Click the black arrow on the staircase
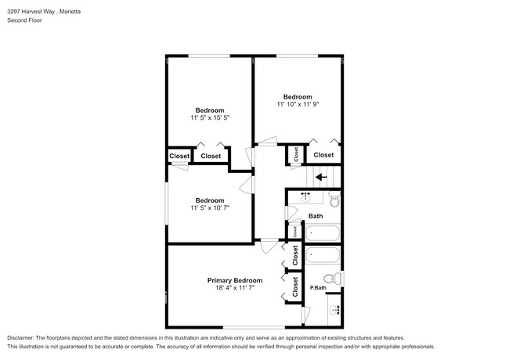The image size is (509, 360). (321, 177)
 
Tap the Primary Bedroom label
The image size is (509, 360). (235, 280)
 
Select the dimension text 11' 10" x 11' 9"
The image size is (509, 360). (298, 104)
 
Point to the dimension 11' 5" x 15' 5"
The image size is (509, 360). (210, 117)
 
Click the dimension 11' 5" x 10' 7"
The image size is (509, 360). (210, 207)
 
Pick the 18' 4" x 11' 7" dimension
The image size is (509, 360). (235, 288)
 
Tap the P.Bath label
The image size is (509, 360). (318, 287)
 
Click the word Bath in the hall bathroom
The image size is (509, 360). (316, 216)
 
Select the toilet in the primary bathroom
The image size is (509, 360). (332, 279)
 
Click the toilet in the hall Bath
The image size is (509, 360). (334, 199)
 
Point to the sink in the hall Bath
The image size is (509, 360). (305, 197)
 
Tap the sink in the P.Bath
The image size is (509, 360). (334, 310)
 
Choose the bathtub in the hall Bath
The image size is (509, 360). (323, 232)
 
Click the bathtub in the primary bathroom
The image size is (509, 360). (323, 254)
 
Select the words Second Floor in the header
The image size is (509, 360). (25, 20)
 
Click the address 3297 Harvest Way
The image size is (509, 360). (31, 12)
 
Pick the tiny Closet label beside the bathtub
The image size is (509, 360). (295, 232)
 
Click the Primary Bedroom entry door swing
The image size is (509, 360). (269, 247)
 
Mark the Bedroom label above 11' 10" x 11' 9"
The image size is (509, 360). (298, 96)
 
